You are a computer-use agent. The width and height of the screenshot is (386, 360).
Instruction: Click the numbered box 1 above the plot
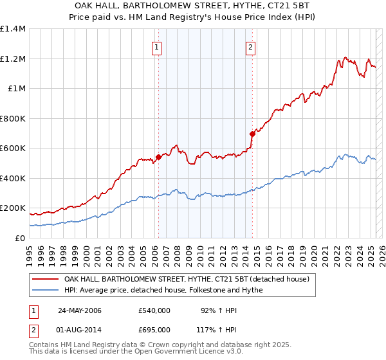(x=157, y=46)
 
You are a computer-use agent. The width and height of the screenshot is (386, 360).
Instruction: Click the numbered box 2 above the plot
(x=250, y=46)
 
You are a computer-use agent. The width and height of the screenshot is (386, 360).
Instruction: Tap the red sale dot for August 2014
(x=252, y=134)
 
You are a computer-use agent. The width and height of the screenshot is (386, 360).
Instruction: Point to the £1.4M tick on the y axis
(x=13, y=29)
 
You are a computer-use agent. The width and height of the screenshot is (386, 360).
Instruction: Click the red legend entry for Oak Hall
(x=187, y=279)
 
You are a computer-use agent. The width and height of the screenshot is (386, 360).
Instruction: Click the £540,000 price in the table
(x=154, y=310)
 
